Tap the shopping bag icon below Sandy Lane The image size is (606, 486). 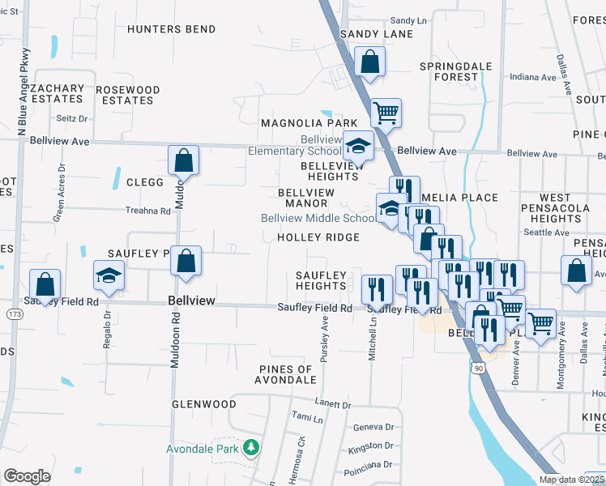[x=369, y=62]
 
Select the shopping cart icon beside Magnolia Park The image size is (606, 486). [x=386, y=113]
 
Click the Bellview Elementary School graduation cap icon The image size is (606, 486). [x=358, y=147]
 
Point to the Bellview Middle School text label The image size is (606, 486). [x=318, y=219]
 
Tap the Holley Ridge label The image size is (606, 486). [x=318, y=237]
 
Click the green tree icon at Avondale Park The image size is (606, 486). [x=252, y=447]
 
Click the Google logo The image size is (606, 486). [x=27, y=476]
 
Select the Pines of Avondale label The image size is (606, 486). [x=284, y=374]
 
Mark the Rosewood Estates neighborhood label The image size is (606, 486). [x=128, y=95]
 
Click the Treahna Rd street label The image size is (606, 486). [x=149, y=211]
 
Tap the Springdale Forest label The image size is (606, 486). [x=450, y=71]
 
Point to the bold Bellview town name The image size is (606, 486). [x=191, y=301]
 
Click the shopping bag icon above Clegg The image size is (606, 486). [x=184, y=160]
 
